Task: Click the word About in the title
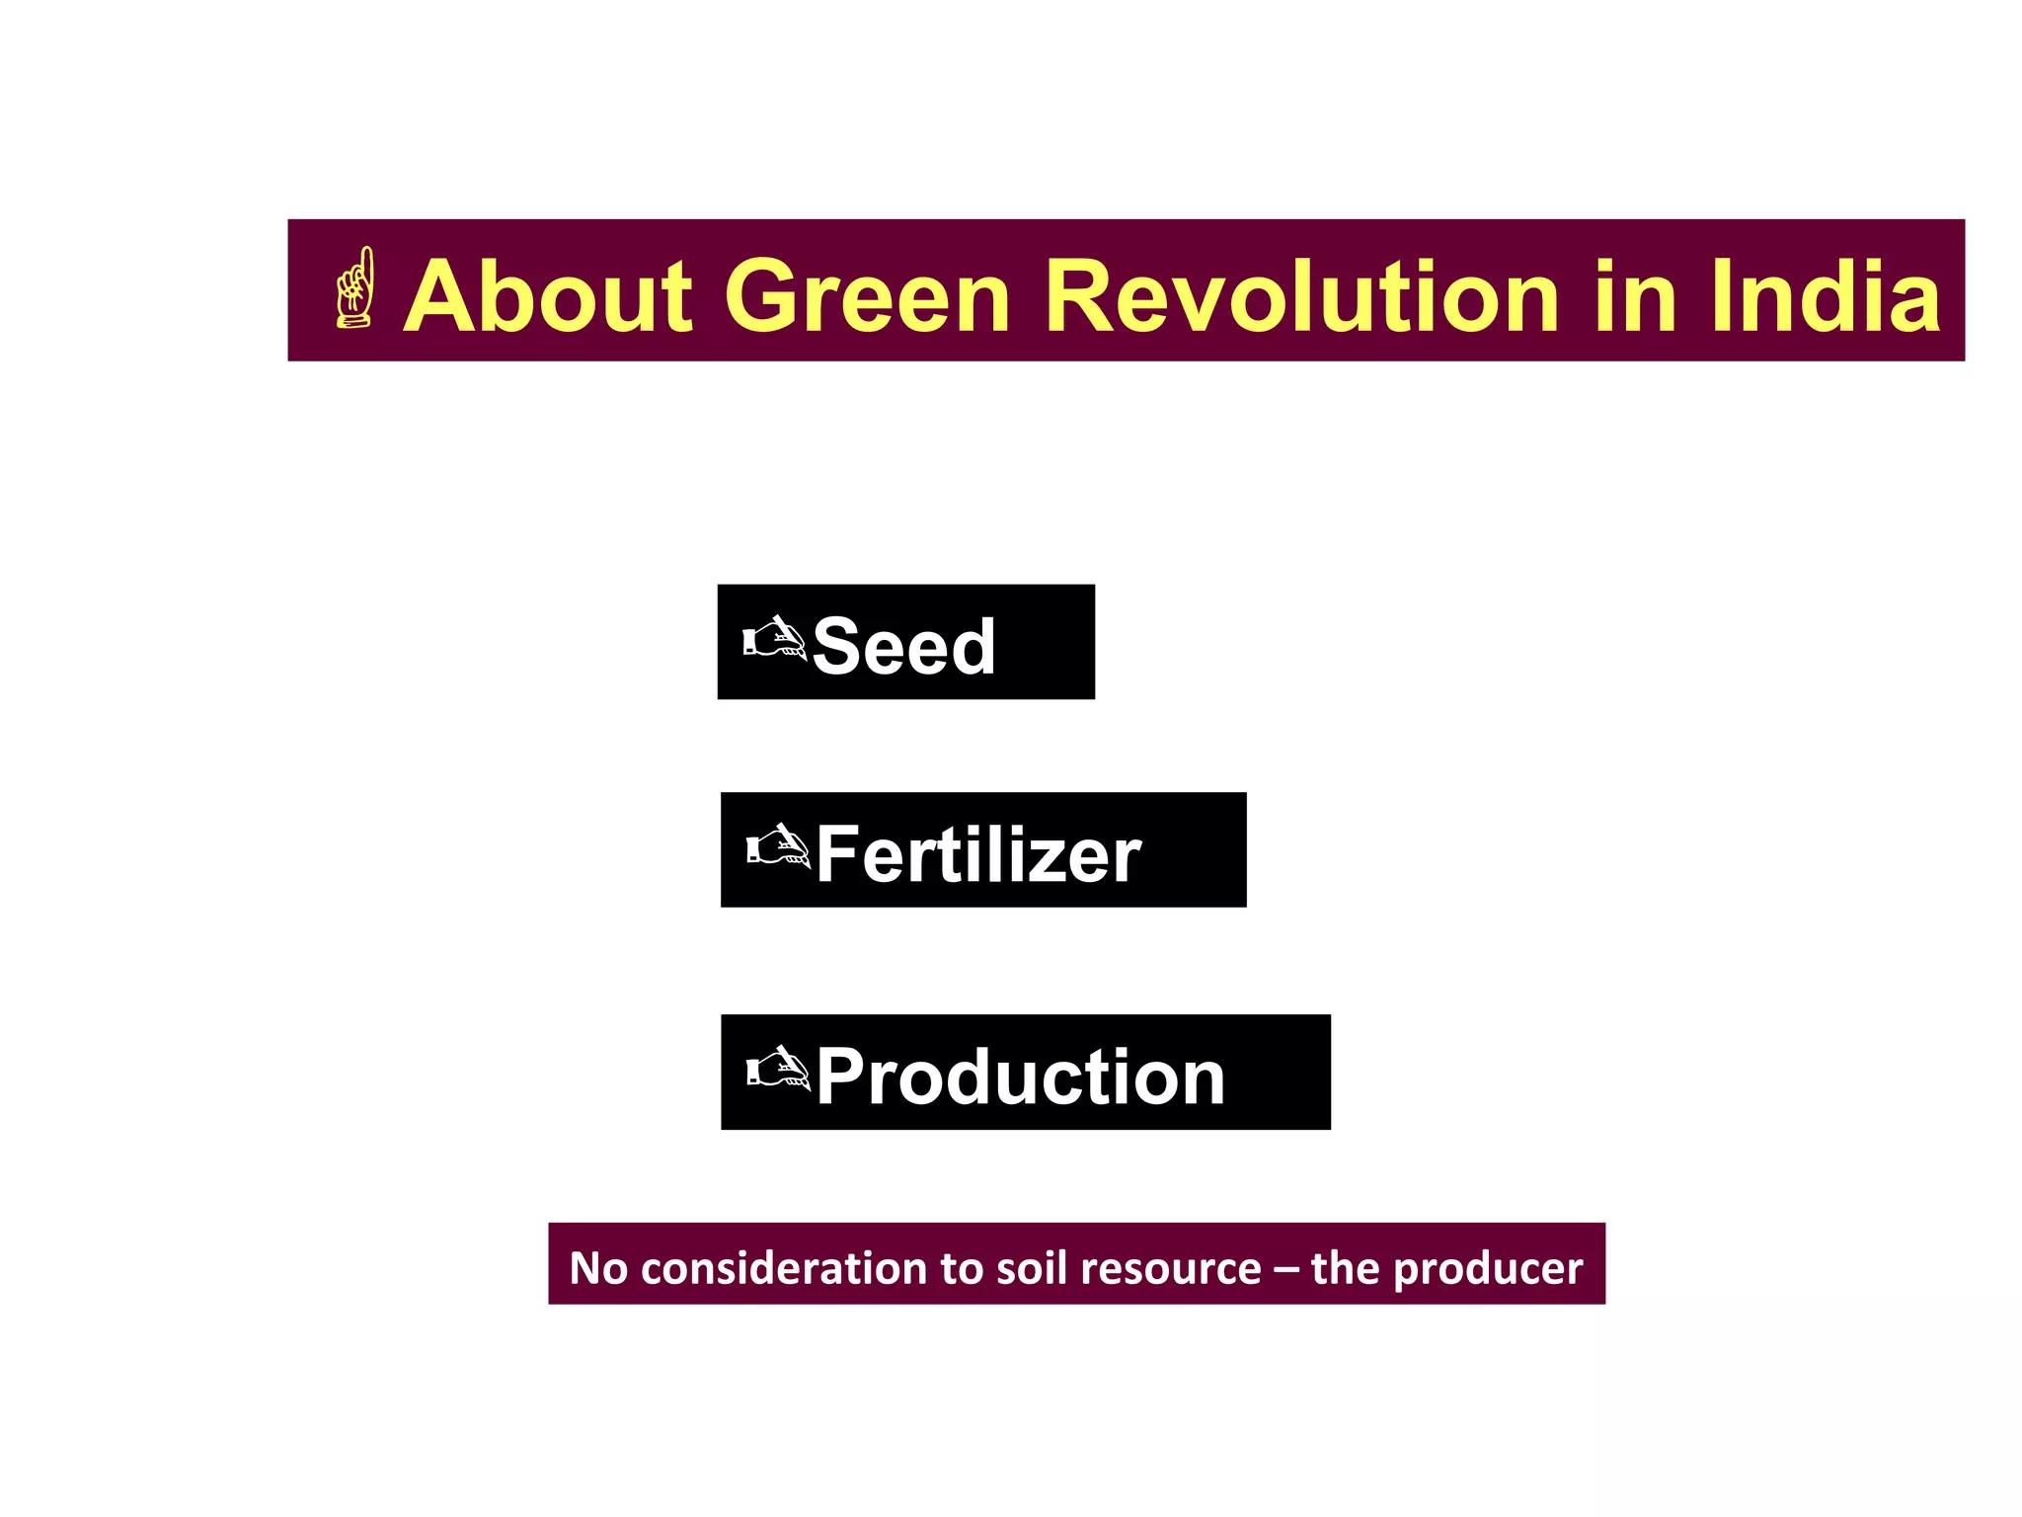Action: [549, 296]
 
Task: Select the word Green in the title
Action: [868, 296]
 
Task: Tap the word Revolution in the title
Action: [1301, 296]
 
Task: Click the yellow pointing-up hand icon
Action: [355, 288]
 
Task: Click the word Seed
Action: [903, 647]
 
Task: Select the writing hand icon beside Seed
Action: [774, 639]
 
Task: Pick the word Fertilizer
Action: [978, 854]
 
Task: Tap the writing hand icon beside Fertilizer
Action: [777, 845]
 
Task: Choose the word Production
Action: [1020, 1077]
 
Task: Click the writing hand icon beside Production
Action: [777, 1068]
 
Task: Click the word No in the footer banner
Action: [598, 1268]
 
